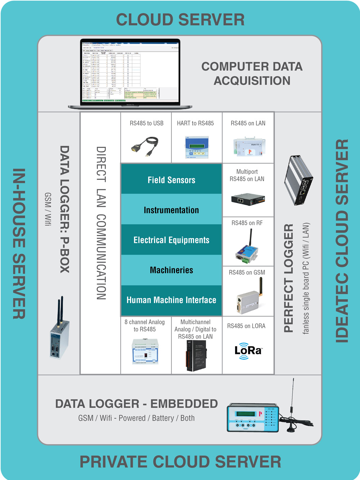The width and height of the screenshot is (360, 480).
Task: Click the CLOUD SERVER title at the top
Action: (180, 20)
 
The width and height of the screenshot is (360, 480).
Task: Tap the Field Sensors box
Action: (171, 180)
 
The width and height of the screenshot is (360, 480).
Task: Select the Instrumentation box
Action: (171, 210)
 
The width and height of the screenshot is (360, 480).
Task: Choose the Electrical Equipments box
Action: (171, 240)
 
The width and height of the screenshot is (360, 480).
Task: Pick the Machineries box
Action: (171, 270)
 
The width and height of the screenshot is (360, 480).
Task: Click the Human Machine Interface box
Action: (171, 300)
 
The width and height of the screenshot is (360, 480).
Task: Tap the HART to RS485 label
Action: (195, 123)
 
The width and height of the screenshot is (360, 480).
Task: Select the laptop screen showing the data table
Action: (130, 72)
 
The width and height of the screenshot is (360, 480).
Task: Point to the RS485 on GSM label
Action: (247, 272)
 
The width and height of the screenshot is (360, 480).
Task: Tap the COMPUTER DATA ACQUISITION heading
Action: (252, 73)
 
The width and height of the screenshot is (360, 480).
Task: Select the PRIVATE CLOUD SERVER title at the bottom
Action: (180, 462)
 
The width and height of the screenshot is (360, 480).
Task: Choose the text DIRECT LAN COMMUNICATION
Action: (101, 223)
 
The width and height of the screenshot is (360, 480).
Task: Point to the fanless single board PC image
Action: (299, 180)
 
